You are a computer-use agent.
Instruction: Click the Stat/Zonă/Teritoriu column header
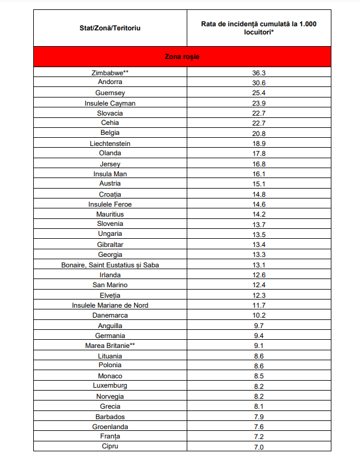(x=110, y=27)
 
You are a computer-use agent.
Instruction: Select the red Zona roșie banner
(x=183, y=57)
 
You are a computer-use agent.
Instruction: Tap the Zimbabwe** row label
(x=110, y=73)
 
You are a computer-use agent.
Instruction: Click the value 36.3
(x=259, y=73)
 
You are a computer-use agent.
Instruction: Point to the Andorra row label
(x=110, y=83)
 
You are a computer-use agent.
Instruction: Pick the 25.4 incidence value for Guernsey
(x=259, y=93)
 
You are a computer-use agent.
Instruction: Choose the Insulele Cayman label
(x=110, y=103)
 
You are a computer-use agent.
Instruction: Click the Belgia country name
(x=110, y=133)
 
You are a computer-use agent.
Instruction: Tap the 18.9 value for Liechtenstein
(x=259, y=143)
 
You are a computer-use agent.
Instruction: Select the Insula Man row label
(x=110, y=174)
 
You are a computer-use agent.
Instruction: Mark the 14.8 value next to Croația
(x=259, y=194)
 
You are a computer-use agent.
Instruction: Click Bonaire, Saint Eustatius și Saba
(x=110, y=264)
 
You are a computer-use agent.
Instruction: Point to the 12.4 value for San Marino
(x=259, y=285)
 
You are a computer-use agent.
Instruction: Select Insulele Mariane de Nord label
(x=110, y=305)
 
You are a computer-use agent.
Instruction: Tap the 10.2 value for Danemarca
(x=259, y=315)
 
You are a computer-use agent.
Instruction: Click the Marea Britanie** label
(x=110, y=346)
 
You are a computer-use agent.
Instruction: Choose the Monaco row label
(x=110, y=376)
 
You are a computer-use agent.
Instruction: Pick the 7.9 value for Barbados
(x=259, y=416)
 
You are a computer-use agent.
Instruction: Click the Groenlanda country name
(x=110, y=426)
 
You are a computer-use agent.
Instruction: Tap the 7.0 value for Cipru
(x=259, y=447)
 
